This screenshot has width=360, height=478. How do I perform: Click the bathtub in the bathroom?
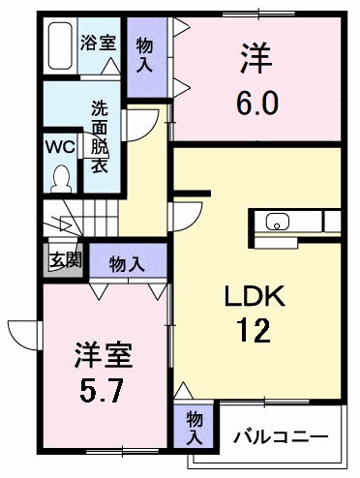pos(60,45)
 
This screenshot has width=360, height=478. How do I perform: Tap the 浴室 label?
pos(98,43)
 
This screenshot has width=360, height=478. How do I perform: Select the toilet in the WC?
pos(61,179)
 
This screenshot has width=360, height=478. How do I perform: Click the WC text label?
pos(60,147)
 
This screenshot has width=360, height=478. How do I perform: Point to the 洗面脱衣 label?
pos(100,136)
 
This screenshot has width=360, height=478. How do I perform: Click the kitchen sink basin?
pos(278,222)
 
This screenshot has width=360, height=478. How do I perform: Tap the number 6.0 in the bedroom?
pos(257,103)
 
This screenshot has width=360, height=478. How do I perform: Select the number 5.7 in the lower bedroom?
pos(102,390)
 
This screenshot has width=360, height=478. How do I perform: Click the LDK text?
pos(255,295)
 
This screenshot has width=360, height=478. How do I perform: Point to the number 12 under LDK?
pos(254,330)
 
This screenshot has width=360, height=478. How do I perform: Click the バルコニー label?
pos(281,437)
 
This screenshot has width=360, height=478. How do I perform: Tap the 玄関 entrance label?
pos(65,259)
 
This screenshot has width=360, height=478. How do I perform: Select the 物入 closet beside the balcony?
pos(195,428)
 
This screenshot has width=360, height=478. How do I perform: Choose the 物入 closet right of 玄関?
pos(127,264)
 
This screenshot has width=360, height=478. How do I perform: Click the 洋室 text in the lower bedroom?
pos(104,355)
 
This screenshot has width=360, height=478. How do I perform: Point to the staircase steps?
pos(80,218)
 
